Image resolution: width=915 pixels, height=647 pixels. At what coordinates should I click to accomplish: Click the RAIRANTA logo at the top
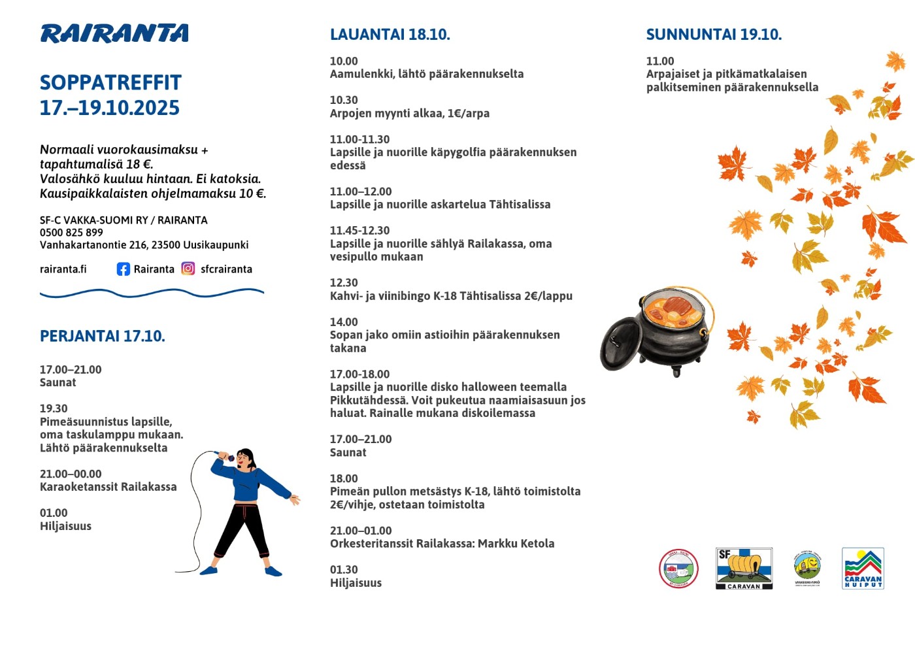pos(114,33)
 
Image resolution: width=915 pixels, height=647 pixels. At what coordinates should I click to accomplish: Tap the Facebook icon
pos(123,269)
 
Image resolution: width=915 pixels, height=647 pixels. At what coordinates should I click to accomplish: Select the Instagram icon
pos(188,269)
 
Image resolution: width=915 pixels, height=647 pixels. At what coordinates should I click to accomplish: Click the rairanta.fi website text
pos(63,269)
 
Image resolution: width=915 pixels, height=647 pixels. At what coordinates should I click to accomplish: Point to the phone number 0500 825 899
pos(71,233)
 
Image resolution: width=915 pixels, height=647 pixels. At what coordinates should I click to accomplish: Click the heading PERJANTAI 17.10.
pos(103,337)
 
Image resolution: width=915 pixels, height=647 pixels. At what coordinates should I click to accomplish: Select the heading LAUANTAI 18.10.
pos(390,35)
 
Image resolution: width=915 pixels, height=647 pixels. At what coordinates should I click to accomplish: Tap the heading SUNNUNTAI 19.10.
pos(714,35)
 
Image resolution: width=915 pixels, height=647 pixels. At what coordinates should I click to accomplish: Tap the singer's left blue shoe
pos(208,571)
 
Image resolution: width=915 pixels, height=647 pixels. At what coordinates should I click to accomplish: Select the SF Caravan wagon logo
pos(744,569)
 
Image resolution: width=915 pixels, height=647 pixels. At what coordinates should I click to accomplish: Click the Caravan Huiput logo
pos(863,569)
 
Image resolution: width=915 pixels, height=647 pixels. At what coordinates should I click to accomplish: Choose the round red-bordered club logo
pos(678,569)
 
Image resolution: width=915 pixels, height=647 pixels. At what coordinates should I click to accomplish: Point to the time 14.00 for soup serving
pos(344,322)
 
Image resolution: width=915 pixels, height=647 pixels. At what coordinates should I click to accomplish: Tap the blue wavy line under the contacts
pos(152,293)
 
